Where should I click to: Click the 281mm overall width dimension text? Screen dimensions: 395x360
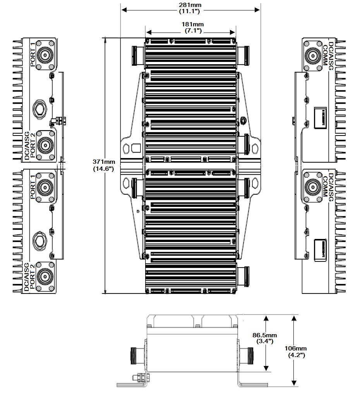click(190, 5)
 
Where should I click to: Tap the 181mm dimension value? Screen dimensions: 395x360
click(190, 24)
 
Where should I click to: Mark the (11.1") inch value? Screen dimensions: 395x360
click(190, 11)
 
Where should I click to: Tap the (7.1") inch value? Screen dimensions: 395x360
click(190, 31)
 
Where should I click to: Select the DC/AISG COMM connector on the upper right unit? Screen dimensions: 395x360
click(313, 55)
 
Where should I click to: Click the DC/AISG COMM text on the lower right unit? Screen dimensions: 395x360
click(328, 185)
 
